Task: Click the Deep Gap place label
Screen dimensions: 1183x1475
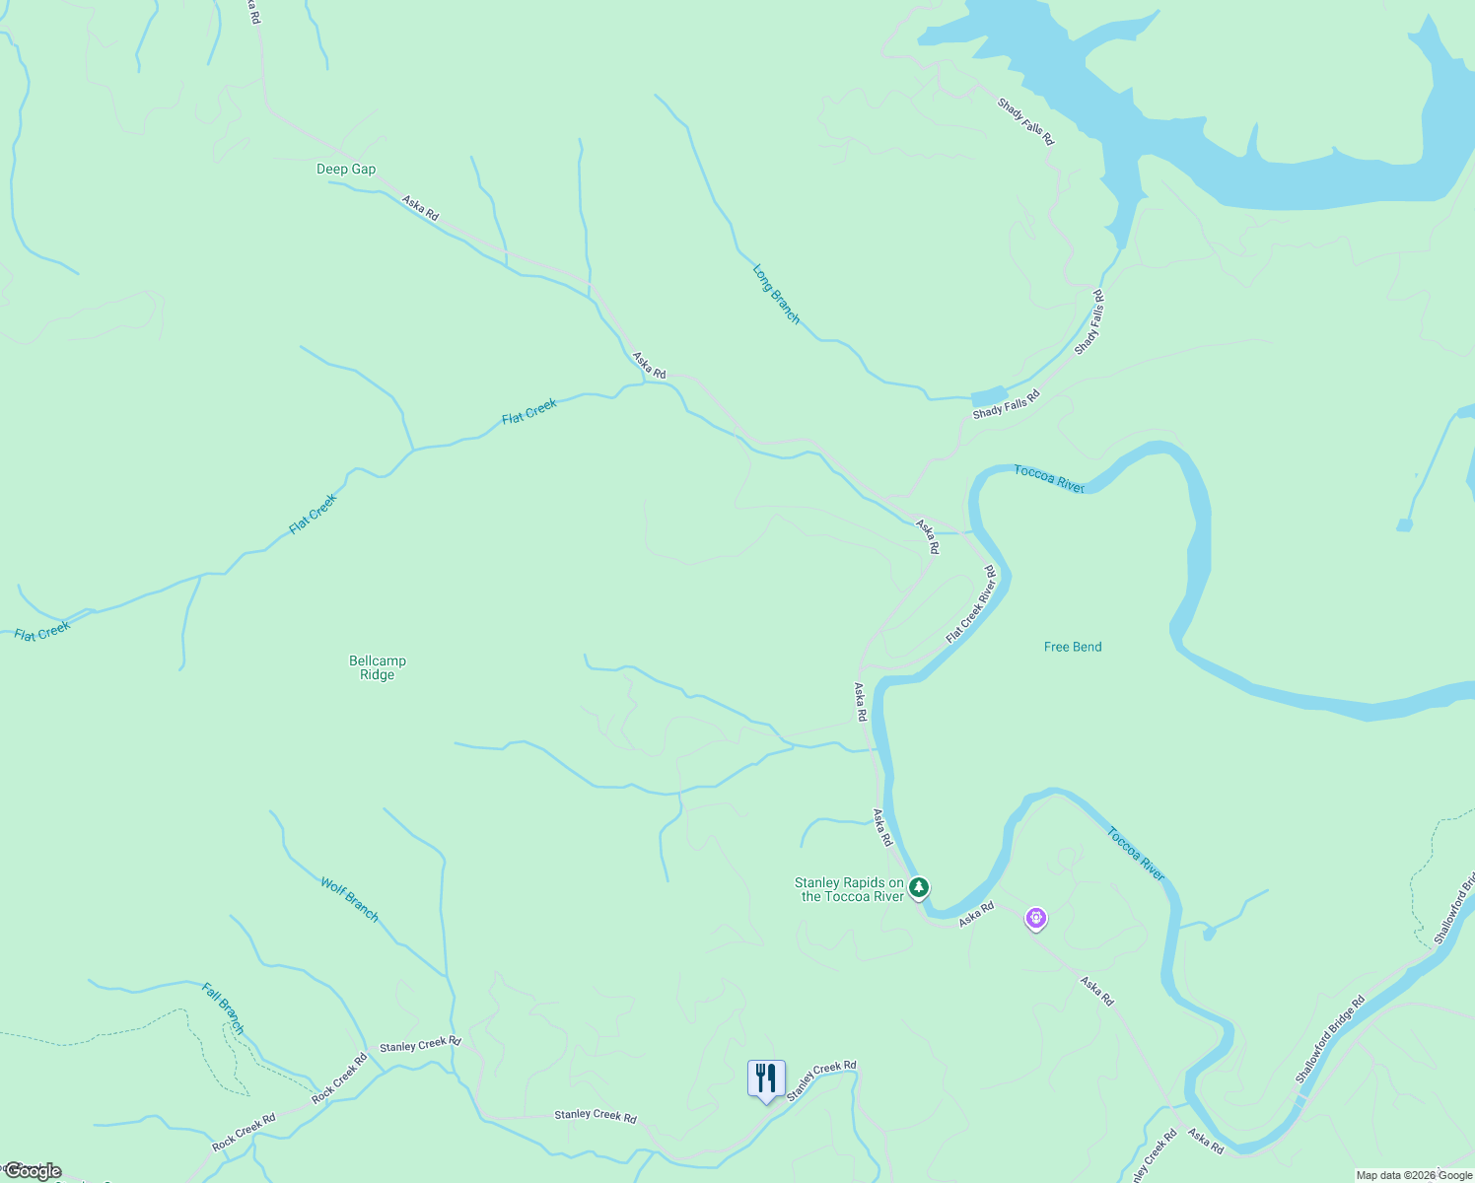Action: pos(346,170)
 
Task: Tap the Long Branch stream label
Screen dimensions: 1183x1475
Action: pos(776,294)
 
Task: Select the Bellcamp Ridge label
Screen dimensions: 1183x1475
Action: pos(378,667)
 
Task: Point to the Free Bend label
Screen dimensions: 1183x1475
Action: pos(1073,647)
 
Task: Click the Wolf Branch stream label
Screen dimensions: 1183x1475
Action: pos(349,899)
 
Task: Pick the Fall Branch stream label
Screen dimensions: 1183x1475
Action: pos(223,1008)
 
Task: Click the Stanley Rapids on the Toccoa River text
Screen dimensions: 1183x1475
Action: pos(849,889)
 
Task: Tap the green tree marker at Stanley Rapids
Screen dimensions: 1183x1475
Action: pos(919,887)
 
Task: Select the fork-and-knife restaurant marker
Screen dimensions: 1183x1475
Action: pos(766,1079)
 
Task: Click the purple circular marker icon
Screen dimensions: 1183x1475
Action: pos(1035,919)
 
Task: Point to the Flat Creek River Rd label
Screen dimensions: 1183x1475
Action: pos(971,604)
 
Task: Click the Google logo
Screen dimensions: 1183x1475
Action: pos(33,1171)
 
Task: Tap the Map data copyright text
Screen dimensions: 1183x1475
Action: pos(1414,1175)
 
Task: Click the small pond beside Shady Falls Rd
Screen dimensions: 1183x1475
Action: pos(989,396)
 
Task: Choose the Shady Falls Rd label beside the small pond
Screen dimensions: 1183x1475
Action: pos(1007,405)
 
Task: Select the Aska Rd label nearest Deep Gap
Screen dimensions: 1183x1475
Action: pos(420,208)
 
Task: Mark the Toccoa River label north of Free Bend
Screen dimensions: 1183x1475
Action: pos(1049,479)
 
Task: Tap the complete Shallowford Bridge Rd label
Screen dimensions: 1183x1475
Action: pos(1330,1039)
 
